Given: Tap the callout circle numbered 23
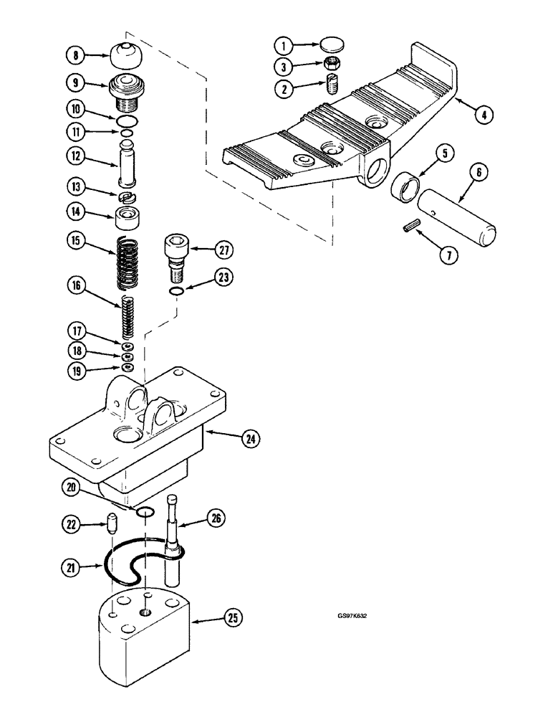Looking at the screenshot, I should [226, 277].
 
